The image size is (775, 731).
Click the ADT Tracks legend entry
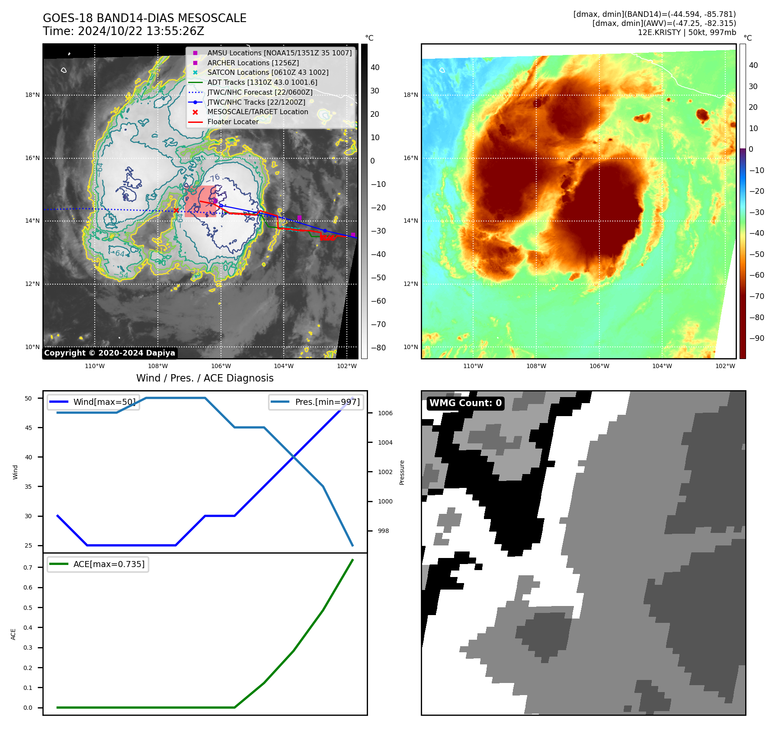pos(262,82)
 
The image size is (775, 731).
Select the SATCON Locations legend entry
pos(268,72)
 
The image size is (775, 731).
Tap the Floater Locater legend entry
pos(233,122)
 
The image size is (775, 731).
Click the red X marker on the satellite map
pos(176,211)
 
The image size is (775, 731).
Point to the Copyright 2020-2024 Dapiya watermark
pos(109,353)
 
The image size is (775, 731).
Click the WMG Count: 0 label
pos(465,403)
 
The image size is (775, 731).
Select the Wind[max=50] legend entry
pos(104,402)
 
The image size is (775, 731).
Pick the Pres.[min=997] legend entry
pos(327,402)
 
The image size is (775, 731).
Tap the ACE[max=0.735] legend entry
pos(109,564)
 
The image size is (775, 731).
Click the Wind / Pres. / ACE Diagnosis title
pos(205,378)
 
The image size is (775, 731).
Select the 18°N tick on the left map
pos(32,95)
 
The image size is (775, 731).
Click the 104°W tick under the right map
pos(662,366)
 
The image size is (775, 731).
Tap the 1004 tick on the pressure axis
pos(385,442)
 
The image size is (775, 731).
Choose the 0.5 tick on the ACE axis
pos(28,608)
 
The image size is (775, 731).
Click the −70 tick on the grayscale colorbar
pos(378,324)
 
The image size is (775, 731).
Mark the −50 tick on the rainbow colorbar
pos(756,254)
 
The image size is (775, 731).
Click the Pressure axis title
pos(402,472)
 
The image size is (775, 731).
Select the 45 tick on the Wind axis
pos(29,428)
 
